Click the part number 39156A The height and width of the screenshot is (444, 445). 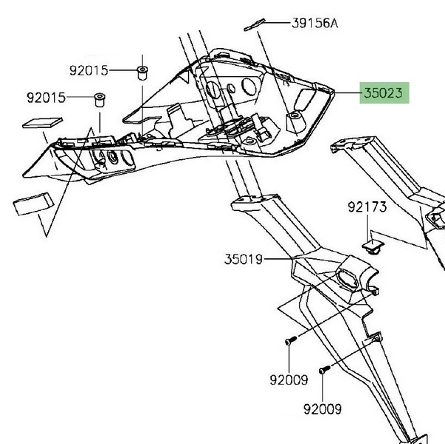pos(314,24)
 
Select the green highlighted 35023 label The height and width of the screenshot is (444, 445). pos(383,94)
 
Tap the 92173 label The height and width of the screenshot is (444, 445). pos(367,208)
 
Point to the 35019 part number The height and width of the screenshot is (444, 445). pos(244,260)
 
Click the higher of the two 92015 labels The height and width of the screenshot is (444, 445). pos(89,71)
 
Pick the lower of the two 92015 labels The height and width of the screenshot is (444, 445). pos(46,98)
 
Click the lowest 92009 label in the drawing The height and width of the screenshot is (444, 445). pos(322,408)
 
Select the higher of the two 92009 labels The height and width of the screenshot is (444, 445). pos(288,381)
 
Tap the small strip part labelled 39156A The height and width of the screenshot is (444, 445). pos(255,25)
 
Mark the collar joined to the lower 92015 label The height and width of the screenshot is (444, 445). pos(98,98)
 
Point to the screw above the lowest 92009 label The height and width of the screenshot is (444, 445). pos(324,369)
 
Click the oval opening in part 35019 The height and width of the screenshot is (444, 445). pos(347,279)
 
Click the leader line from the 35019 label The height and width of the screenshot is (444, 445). pos(278,260)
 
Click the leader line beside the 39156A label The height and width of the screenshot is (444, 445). pos(275,24)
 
